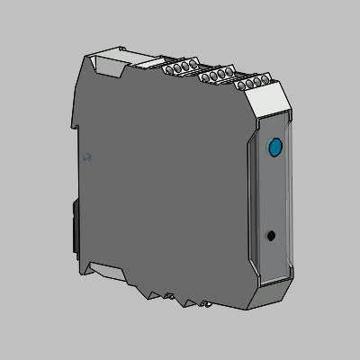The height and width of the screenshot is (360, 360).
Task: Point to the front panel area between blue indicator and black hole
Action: tap(274, 191)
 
